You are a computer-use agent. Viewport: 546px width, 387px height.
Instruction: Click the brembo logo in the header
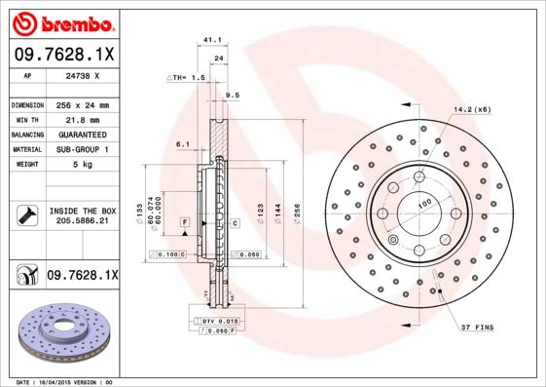(x=63, y=22)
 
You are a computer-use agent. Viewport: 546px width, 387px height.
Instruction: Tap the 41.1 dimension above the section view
(x=207, y=41)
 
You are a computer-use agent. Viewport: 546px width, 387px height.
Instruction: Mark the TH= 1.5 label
(x=188, y=76)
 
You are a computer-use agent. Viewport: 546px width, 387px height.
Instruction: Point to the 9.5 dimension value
(x=232, y=95)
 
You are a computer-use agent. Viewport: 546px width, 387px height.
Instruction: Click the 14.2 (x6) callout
(x=472, y=109)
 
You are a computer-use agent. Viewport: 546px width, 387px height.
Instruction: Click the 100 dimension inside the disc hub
(x=424, y=204)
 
